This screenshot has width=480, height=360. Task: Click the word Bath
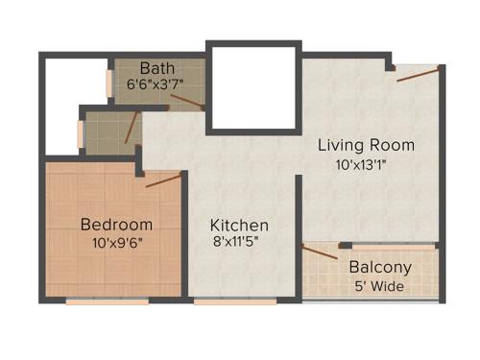click(156, 68)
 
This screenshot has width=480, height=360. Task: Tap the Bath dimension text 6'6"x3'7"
click(156, 84)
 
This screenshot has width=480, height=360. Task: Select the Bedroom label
click(116, 224)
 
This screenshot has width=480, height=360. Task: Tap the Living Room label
click(366, 145)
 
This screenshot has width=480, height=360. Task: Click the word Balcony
click(380, 267)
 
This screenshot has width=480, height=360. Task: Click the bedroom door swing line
click(163, 180)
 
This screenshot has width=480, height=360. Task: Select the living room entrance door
click(419, 74)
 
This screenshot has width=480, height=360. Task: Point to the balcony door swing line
click(320, 252)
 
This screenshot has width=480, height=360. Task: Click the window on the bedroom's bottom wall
click(107, 301)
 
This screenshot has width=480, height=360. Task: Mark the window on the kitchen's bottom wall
click(221, 301)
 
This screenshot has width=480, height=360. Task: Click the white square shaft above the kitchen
click(252, 89)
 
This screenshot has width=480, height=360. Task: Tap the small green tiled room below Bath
click(108, 132)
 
